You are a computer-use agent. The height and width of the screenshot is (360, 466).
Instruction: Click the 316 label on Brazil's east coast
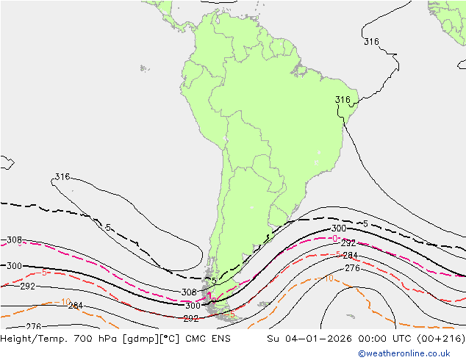[343, 100]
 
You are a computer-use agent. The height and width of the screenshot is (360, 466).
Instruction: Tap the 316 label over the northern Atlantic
[371, 42]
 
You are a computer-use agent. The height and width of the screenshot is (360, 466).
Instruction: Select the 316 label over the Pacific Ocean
[62, 177]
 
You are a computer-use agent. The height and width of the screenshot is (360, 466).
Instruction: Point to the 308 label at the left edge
[14, 240]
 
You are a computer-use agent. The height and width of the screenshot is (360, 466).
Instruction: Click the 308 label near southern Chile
[189, 292]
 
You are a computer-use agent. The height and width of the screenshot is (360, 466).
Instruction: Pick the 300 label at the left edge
[14, 266]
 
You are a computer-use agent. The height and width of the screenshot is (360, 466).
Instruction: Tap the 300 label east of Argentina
[339, 229]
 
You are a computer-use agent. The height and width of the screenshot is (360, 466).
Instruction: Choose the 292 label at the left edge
[28, 287]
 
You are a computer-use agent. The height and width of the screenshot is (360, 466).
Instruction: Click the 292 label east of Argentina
[349, 243]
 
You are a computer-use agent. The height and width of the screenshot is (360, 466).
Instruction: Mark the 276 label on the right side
[352, 269]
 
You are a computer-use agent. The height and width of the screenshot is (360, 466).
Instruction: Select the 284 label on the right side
[351, 256]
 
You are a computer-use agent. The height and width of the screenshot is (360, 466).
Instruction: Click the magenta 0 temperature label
[334, 239]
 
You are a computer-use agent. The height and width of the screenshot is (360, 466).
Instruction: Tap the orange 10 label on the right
[329, 278]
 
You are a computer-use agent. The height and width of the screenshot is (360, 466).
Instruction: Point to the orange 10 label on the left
[65, 302]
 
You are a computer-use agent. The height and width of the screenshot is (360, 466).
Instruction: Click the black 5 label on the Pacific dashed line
[108, 228]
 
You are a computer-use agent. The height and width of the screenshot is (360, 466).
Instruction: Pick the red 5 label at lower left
[45, 273]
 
